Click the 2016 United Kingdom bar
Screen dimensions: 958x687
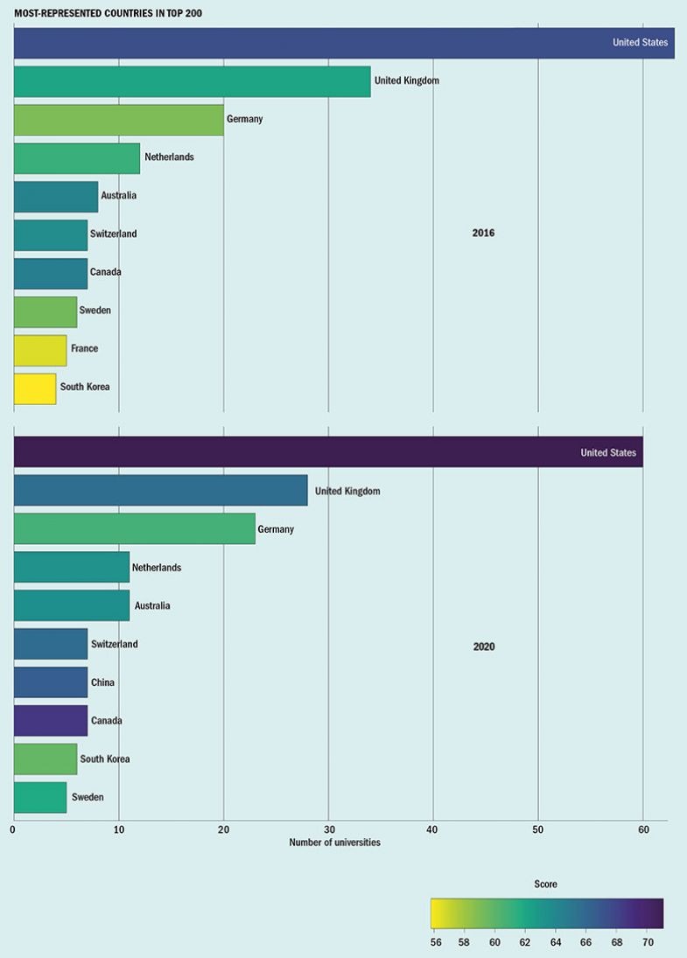click(192, 81)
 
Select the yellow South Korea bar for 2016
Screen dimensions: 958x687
click(35, 388)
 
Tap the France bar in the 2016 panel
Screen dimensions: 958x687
click(40, 349)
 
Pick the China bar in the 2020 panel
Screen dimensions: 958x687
click(51, 682)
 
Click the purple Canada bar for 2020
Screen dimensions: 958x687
click(51, 721)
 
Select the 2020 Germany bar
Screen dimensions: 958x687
click(134, 529)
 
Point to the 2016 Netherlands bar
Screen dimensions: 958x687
click(77, 157)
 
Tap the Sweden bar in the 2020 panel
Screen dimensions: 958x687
click(40, 797)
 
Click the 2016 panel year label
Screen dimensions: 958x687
click(483, 233)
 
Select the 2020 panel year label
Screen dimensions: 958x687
click(484, 647)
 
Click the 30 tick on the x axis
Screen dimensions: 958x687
click(328, 829)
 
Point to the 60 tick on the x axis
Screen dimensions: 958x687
click(642, 829)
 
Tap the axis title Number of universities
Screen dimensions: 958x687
click(334, 843)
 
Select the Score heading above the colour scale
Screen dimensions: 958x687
click(545, 885)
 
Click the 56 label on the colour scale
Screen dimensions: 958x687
click(436, 941)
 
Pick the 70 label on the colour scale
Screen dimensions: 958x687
click(648, 941)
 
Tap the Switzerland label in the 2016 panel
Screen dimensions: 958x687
click(114, 234)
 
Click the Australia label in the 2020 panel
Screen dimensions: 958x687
click(152, 605)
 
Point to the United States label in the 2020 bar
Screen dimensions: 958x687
click(608, 452)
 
